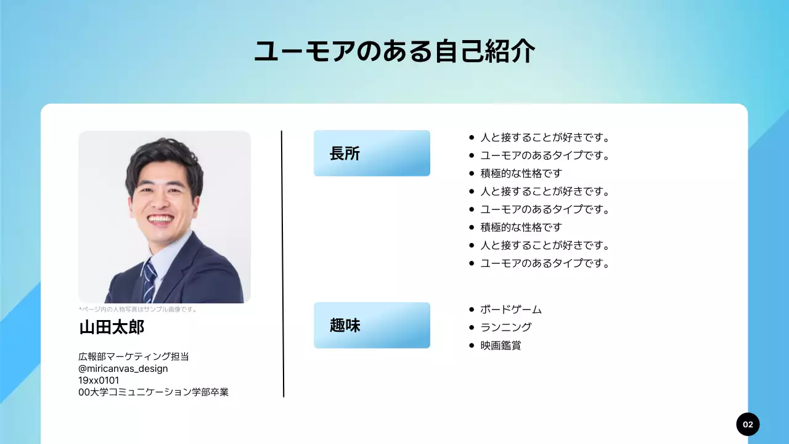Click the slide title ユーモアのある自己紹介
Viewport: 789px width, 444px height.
pyautogui.click(x=394, y=52)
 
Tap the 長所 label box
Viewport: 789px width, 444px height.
pyautogui.click(x=372, y=154)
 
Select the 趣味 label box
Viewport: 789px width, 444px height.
pyautogui.click(x=372, y=326)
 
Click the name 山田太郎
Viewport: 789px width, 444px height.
pyautogui.click(x=112, y=327)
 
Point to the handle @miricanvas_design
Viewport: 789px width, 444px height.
pyautogui.click(x=123, y=368)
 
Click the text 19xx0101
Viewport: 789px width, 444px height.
pyautogui.click(x=99, y=380)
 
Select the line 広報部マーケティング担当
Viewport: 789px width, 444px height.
pyautogui.click(x=134, y=356)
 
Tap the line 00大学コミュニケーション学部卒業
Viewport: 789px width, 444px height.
pyautogui.click(x=153, y=392)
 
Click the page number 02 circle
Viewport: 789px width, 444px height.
pyautogui.click(x=748, y=424)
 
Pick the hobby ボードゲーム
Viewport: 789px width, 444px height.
pyautogui.click(x=511, y=310)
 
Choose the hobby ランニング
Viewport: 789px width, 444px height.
pyautogui.click(x=505, y=327)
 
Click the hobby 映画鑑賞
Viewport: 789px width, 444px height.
pyautogui.click(x=501, y=345)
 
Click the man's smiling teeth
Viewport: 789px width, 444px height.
pyautogui.click(x=161, y=219)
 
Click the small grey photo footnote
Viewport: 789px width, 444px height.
pyautogui.click(x=138, y=310)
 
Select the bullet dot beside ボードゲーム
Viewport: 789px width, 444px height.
pyautogui.click(x=472, y=310)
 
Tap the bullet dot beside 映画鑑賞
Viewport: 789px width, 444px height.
pyautogui.click(x=472, y=345)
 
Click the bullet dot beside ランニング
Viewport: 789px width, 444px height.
pyautogui.click(x=472, y=327)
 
